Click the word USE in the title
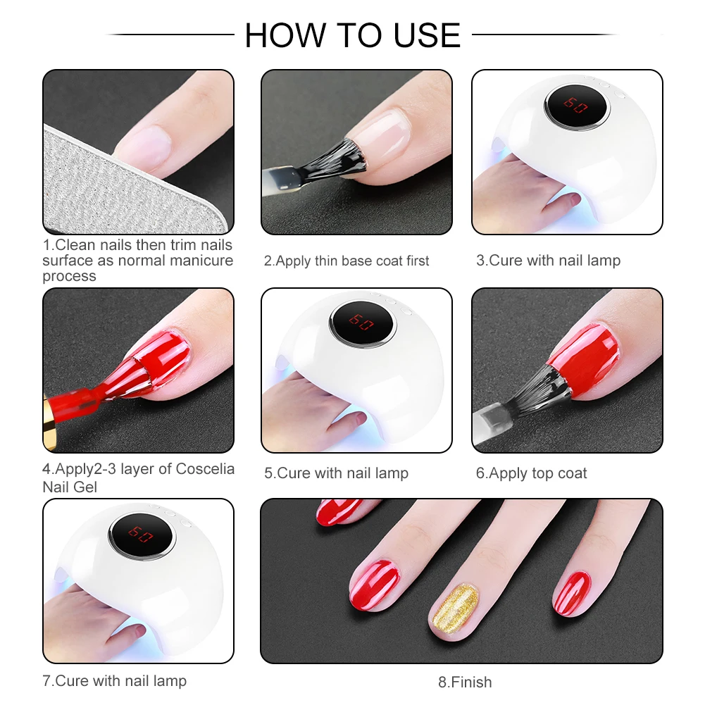427,35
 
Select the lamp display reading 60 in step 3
575,106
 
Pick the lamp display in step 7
141,535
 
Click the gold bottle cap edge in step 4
49,421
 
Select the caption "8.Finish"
465,682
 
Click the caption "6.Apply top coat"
532,473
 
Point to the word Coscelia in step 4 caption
205,469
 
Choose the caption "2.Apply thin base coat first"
347,261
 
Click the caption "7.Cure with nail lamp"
115,681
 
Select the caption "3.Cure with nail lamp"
549,261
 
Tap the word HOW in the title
285,35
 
